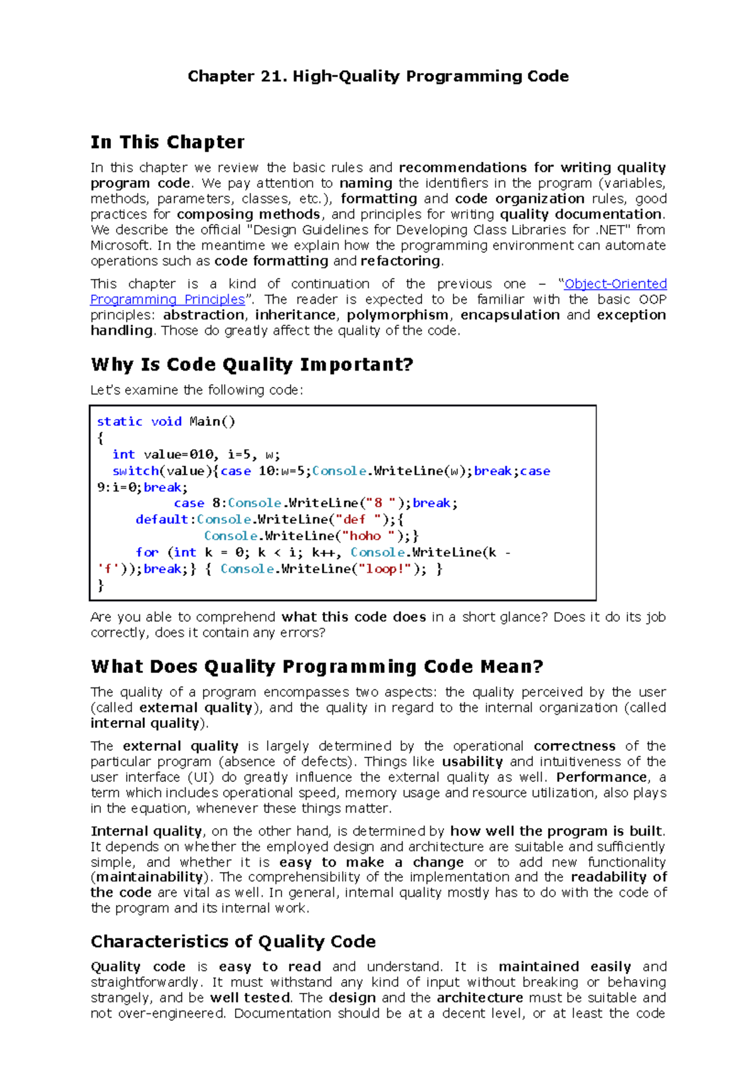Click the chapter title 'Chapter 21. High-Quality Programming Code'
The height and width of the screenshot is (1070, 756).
tap(378, 76)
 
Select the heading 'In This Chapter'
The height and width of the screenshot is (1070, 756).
tap(168, 142)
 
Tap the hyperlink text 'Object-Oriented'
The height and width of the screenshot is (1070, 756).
tap(616, 284)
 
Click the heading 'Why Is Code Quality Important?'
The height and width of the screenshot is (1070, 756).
tap(252, 365)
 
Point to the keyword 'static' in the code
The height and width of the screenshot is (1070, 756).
tap(120, 422)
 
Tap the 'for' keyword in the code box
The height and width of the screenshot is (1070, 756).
tap(147, 552)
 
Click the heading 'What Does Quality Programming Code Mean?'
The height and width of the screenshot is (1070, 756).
tap(317, 667)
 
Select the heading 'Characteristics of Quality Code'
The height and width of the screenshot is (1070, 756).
tap(233, 941)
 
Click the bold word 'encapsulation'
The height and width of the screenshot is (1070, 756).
tap(510, 315)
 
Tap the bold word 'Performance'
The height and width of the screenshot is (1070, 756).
tap(602, 777)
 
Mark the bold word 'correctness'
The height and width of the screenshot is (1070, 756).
tap(574, 746)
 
